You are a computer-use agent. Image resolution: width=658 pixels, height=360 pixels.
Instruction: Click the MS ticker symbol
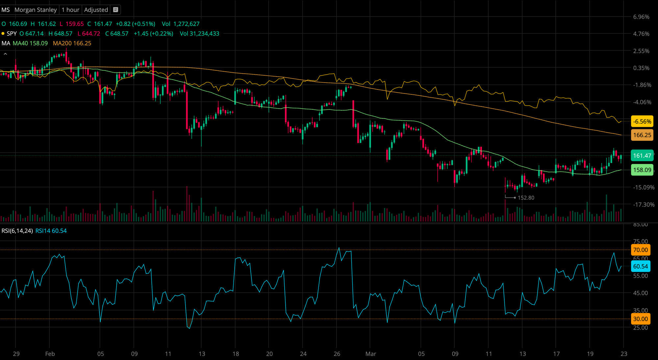click(6, 10)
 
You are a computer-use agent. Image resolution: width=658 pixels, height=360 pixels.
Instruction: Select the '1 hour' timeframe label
click(70, 10)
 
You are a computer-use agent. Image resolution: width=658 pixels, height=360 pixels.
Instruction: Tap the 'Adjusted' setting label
click(96, 10)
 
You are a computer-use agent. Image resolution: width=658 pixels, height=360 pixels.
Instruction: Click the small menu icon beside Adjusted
click(115, 10)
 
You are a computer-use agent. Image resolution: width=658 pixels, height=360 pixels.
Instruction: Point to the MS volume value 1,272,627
click(186, 24)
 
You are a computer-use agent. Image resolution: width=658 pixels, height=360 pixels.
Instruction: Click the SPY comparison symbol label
click(12, 34)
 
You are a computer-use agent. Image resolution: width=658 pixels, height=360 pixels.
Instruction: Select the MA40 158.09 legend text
click(30, 43)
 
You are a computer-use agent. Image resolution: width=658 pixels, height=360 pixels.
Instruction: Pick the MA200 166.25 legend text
click(72, 43)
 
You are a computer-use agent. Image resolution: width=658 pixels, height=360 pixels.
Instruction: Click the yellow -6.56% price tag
click(642, 122)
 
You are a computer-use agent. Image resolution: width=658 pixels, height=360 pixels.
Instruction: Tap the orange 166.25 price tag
click(642, 135)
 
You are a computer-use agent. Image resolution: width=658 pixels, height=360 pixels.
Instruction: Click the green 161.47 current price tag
click(642, 156)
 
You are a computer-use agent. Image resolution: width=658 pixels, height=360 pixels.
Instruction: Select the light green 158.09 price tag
click(642, 170)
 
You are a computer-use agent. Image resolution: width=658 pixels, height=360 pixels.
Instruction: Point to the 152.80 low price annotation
click(526, 198)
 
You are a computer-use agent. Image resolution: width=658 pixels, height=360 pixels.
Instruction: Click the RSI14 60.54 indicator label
click(51, 231)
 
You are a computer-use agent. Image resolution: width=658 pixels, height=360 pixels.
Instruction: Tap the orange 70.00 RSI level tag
click(640, 250)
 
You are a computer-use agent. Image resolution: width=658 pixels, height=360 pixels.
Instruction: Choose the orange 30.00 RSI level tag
click(640, 319)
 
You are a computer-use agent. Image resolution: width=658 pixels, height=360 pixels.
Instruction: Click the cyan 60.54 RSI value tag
click(640, 266)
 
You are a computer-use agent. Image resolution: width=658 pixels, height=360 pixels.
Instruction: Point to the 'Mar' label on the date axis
click(371, 354)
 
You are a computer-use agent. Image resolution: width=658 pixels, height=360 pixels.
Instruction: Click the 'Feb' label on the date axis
click(50, 354)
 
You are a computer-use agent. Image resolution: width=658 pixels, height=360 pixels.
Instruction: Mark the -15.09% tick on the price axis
click(644, 187)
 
